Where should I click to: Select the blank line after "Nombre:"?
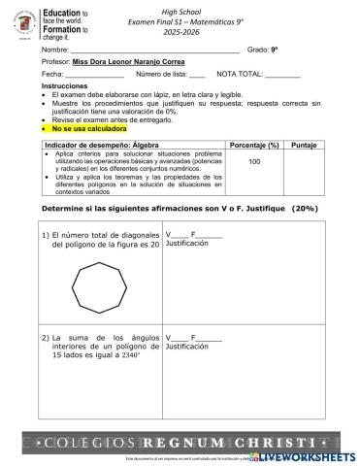coord(155,49)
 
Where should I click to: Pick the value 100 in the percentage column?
coord(254,162)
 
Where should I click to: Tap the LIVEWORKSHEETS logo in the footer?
coord(305,454)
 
